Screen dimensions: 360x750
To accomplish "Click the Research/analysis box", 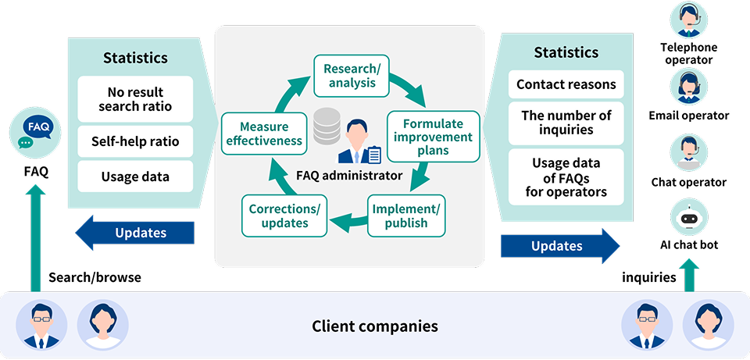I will tap(351, 76).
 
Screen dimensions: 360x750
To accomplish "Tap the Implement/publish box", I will tap(406, 216).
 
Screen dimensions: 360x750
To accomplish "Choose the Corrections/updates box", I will tap(284, 216).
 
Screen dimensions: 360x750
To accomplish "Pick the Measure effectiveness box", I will tap(264, 134).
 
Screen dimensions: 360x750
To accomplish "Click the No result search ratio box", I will tap(135, 99).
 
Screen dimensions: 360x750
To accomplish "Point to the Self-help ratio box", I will tap(135, 141).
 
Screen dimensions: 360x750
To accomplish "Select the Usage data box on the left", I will tap(135, 176).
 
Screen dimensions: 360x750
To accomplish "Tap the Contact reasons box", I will tap(566, 84).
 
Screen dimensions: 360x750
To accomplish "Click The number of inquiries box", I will tap(566, 123).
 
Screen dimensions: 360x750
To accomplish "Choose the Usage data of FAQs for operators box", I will tap(566, 177).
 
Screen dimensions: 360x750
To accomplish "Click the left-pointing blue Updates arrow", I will tap(134, 233).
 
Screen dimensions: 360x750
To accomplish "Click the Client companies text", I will tap(375, 326).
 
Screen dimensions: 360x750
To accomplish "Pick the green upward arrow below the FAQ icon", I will tap(35, 238).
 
